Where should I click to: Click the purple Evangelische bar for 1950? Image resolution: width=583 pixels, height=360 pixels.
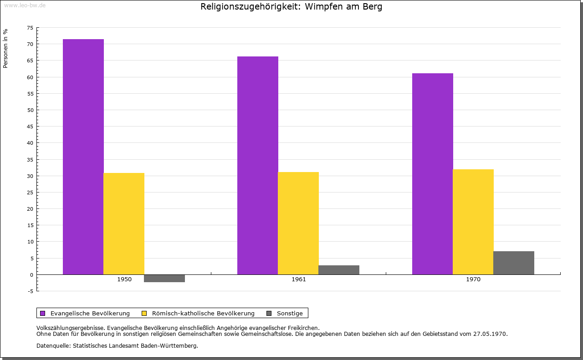83,157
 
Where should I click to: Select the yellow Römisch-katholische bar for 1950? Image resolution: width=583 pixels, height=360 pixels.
124,223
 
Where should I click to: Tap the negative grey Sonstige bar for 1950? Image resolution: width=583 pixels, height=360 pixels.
164,278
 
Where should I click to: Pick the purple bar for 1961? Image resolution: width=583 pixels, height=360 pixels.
258,165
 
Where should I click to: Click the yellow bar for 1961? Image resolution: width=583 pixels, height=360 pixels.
298,223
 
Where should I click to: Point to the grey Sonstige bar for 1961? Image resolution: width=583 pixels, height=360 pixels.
339,270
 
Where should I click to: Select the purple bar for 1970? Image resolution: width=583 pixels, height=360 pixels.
433,174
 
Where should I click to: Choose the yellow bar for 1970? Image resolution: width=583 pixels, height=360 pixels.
473,222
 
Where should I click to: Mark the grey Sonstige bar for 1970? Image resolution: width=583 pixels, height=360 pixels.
514,263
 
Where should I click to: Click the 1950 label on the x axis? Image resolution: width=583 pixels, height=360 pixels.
124,279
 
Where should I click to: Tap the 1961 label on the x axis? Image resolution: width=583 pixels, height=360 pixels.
299,279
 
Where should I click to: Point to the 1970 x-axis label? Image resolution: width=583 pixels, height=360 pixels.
473,279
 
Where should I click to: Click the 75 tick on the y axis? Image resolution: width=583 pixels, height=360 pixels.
30,28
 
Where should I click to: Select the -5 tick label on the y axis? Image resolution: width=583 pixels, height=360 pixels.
30,291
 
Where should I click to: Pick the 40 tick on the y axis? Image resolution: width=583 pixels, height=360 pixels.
30,143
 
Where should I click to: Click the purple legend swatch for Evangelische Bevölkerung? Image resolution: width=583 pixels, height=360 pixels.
43,313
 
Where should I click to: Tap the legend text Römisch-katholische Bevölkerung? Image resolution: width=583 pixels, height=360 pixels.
203,313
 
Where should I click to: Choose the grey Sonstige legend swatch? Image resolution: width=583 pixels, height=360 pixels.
269,313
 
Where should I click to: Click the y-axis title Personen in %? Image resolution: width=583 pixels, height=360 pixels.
5,48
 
